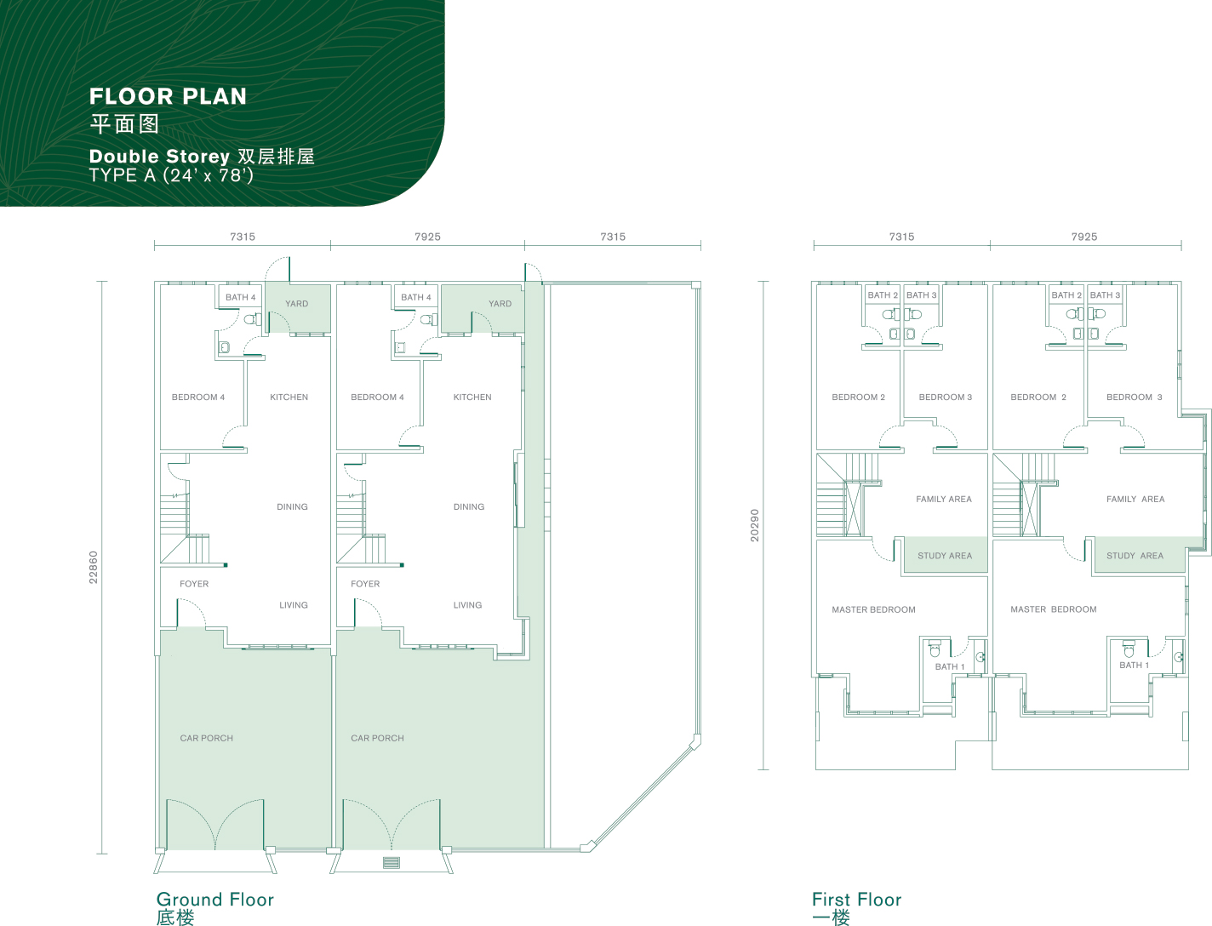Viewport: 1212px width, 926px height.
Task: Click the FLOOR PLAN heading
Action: (168, 97)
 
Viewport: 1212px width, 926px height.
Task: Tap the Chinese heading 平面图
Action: (125, 123)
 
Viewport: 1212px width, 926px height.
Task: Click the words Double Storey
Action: (159, 157)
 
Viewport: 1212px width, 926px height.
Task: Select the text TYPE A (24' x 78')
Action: (171, 175)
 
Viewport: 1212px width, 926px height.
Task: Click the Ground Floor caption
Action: (214, 900)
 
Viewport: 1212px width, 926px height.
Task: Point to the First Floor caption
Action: (856, 900)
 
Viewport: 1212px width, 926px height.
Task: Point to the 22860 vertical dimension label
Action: (94, 567)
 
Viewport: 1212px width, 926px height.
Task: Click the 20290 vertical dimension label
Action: (755, 525)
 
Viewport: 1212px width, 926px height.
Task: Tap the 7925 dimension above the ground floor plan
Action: (427, 237)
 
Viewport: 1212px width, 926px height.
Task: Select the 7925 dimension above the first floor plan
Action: (1083, 237)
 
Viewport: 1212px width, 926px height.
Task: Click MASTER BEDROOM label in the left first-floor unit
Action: (873, 609)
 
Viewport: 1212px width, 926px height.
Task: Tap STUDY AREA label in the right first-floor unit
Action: (1135, 556)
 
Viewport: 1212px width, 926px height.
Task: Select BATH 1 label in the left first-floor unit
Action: (950, 666)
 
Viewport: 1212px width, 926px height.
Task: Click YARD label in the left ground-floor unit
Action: (296, 304)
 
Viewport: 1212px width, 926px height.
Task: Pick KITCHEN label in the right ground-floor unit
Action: (472, 397)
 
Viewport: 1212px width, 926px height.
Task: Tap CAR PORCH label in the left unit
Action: (207, 738)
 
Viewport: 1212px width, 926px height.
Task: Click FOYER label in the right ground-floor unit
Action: (365, 584)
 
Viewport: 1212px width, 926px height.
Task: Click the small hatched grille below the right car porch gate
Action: (391, 862)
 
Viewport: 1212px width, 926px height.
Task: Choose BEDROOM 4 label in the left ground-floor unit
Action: (198, 397)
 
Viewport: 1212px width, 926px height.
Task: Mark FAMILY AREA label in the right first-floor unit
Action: (1135, 499)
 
